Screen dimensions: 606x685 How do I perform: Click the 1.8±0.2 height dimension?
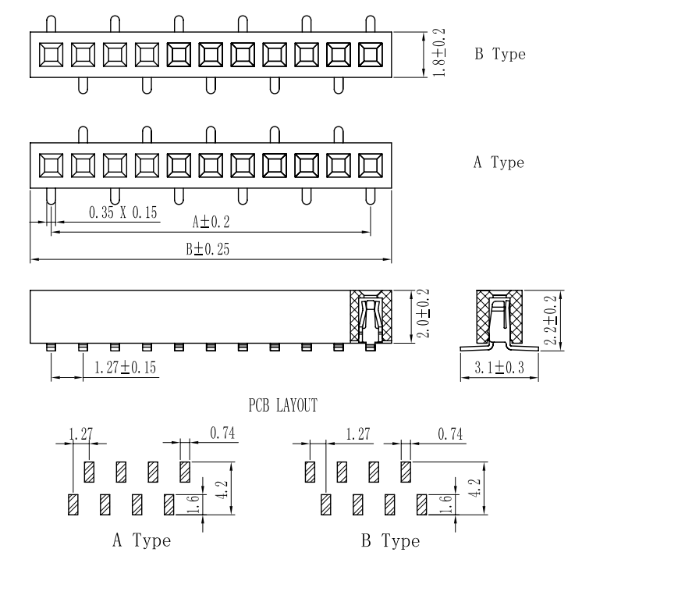click(x=438, y=53)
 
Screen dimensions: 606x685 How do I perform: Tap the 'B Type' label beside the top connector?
click(x=500, y=55)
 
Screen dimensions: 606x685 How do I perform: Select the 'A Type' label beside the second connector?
click(x=499, y=163)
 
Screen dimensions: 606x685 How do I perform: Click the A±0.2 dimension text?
click(x=211, y=223)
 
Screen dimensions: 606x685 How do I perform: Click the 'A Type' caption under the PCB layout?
click(x=140, y=540)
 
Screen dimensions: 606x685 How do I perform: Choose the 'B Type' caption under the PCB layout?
click(x=389, y=541)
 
